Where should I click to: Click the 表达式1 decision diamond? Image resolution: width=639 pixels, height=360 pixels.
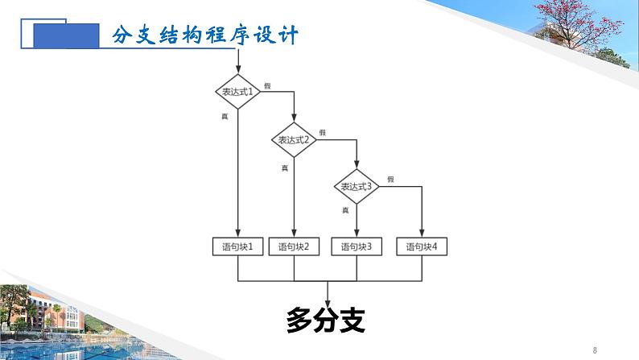point(238,92)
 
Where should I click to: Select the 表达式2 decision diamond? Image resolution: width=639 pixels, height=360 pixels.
point(294,139)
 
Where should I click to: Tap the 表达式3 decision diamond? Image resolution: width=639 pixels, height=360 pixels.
point(357,186)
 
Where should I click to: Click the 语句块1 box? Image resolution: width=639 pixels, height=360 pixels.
point(238,246)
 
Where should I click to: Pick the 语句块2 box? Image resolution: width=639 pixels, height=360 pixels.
point(294,246)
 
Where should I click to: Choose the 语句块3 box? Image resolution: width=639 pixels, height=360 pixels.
point(357,246)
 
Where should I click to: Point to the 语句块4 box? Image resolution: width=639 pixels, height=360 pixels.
point(422,246)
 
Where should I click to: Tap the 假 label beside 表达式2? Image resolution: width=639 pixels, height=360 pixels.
point(323,132)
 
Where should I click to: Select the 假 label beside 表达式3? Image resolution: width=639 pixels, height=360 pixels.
point(390,179)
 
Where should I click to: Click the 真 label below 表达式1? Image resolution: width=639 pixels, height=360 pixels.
point(225,117)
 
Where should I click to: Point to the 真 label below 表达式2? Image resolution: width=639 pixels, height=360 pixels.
point(284,168)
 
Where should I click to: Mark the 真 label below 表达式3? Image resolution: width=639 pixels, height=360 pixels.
point(345,209)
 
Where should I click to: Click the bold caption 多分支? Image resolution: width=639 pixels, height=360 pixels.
point(326,321)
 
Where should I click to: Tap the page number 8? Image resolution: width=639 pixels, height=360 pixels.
point(595,350)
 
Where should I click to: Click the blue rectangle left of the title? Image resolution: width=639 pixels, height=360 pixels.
point(60,35)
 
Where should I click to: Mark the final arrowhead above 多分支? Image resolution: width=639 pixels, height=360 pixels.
point(327,299)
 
